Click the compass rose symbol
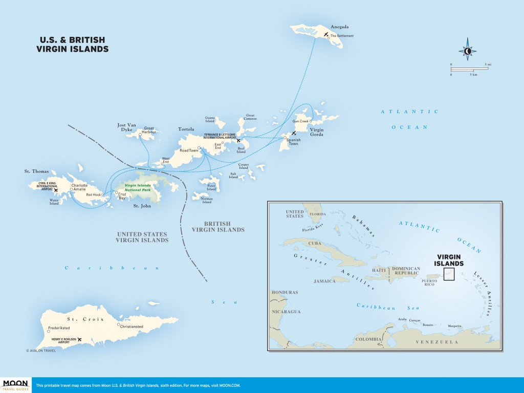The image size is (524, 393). [468, 51]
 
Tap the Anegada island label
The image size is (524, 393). [340, 27]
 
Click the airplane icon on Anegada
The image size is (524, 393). [326, 34]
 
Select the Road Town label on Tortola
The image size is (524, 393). [189, 150]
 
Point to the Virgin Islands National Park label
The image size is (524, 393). [138, 187]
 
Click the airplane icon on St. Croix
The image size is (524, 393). [79, 340]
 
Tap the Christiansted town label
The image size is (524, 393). [132, 326]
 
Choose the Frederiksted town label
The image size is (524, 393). [59, 328]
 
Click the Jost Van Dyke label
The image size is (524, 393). [127, 127]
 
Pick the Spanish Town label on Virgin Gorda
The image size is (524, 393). [293, 142]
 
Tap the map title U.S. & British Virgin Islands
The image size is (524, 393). [73, 45]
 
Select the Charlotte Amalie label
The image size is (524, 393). [79, 187]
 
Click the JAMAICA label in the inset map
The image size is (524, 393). [324, 281]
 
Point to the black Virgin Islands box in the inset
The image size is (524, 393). [449, 274]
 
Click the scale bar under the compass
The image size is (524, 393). [470, 69]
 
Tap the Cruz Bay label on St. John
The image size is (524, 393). [122, 196]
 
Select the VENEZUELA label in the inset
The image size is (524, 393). [437, 342]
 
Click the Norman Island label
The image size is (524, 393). [207, 200]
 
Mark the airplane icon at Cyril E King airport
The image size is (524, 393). [56, 190]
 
